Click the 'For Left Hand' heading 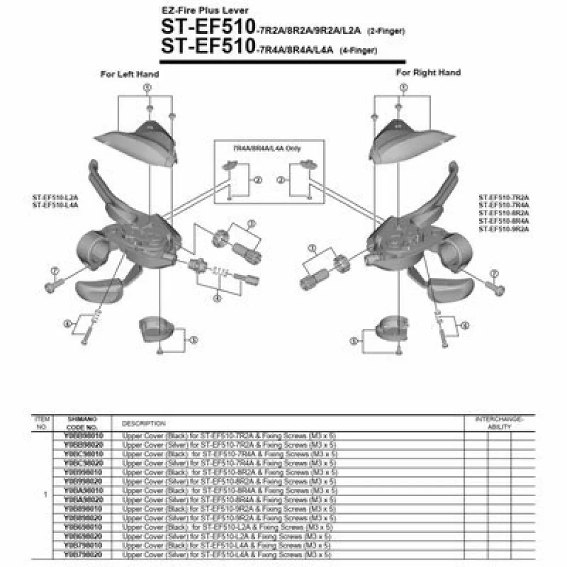point(129,74)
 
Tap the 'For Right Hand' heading point(428,73)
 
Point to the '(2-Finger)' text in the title point(386,32)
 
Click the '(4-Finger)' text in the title point(358,50)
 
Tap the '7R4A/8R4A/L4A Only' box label point(267,148)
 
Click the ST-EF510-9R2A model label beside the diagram point(503,229)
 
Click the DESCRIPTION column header point(143,424)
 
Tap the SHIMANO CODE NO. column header point(82,423)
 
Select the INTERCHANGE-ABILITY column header point(500,423)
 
